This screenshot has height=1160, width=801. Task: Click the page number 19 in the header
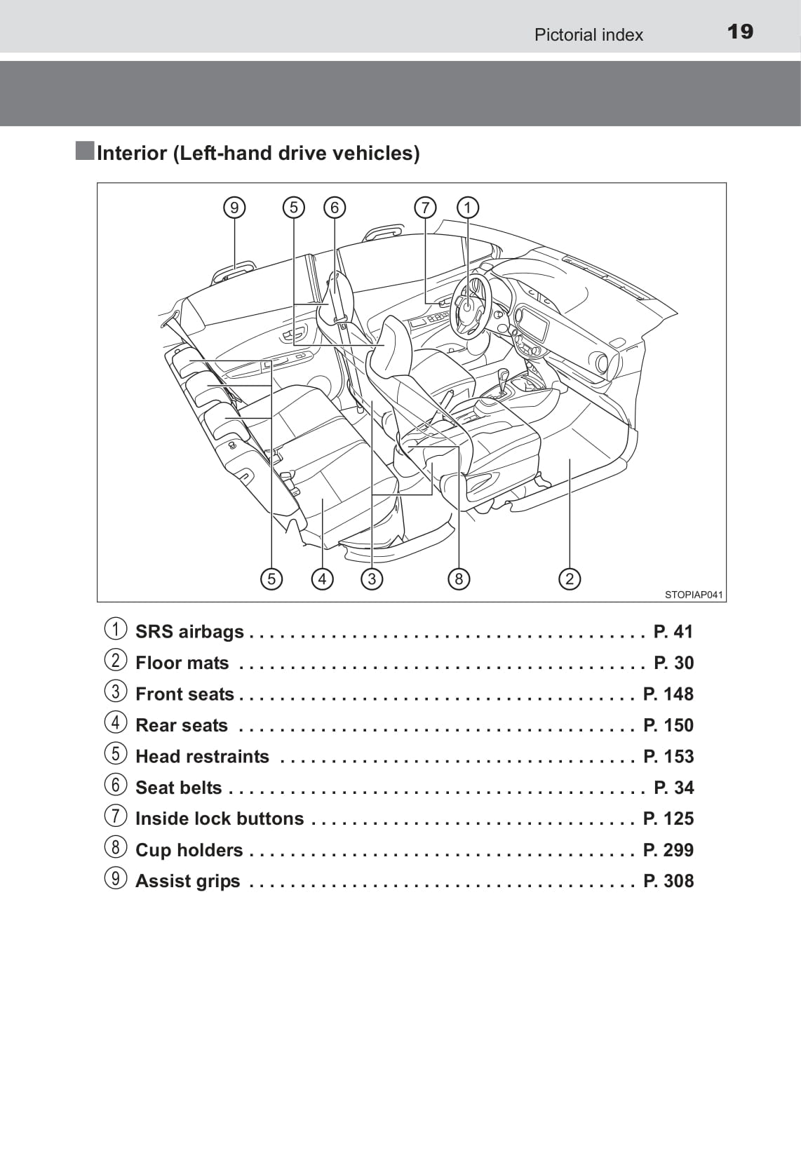point(740,32)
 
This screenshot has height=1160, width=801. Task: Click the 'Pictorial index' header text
point(588,35)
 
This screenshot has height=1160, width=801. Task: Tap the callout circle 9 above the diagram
point(234,208)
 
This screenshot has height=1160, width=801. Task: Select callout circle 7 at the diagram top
point(425,208)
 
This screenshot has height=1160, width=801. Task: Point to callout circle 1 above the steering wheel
point(468,208)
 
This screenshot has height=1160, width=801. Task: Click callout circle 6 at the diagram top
point(335,208)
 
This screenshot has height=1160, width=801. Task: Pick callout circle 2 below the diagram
point(570,579)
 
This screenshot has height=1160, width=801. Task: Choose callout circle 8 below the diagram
point(459,579)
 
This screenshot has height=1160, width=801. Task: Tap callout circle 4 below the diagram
point(322,579)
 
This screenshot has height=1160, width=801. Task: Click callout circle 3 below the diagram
point(372,579)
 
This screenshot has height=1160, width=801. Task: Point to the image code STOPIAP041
point(693,595)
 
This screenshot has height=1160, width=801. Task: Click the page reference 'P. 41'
point(673,632)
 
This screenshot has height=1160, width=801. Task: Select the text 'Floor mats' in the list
point(182,663)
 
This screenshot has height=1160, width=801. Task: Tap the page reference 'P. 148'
point(668,694)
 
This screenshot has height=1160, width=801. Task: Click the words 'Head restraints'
point(202,757)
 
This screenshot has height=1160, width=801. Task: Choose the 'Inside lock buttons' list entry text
point(219,818)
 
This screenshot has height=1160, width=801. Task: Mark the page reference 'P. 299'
point(668,850)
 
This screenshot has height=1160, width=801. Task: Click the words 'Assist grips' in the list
point(187,881)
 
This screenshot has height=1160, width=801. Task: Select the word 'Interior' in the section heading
point(132,153)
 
